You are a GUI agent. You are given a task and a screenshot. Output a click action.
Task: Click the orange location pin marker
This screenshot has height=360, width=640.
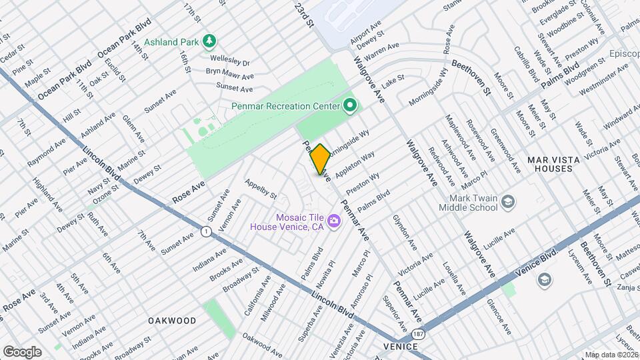coord(320,159)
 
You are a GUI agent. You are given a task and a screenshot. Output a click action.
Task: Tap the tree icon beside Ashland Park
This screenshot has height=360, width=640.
coord(210,42)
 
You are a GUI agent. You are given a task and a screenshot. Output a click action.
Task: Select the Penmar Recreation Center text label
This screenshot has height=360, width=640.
coord(285,106)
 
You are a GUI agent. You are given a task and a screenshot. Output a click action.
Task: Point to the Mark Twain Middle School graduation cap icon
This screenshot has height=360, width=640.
coord(509,202)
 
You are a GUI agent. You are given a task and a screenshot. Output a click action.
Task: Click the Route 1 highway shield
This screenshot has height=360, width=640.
coord(206,231)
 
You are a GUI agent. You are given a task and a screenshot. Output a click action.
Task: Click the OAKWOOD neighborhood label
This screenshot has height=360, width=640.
coord(172,321)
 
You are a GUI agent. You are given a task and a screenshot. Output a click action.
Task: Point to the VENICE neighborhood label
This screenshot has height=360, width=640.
coord(401,347)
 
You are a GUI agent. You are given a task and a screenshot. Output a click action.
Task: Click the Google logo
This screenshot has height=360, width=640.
coord(22,351)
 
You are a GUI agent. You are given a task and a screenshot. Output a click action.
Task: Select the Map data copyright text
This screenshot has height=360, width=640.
coord(611,355)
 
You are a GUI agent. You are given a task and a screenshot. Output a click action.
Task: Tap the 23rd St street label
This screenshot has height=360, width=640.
coord(305,14)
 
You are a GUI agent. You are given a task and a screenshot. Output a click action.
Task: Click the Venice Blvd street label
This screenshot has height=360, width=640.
coord(537,265)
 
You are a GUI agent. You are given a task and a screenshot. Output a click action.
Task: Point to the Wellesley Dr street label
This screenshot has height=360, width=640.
coord(227,62)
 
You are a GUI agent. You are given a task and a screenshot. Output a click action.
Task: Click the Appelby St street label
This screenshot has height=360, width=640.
coord(260,189)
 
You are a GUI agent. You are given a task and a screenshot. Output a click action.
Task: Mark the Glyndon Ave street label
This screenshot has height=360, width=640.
coord(404,229)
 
